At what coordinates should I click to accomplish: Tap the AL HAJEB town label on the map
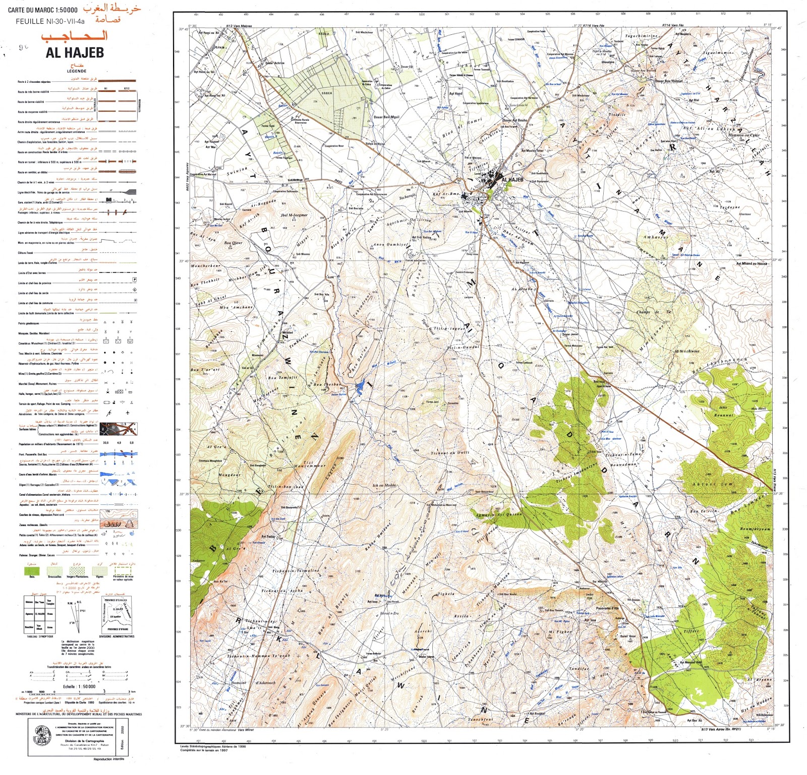(512, 179)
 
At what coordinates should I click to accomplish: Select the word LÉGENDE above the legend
(76, 71)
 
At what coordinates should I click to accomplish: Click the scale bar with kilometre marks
(76, 692)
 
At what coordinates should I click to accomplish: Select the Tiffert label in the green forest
(691, 631)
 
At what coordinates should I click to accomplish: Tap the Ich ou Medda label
(385, 486)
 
